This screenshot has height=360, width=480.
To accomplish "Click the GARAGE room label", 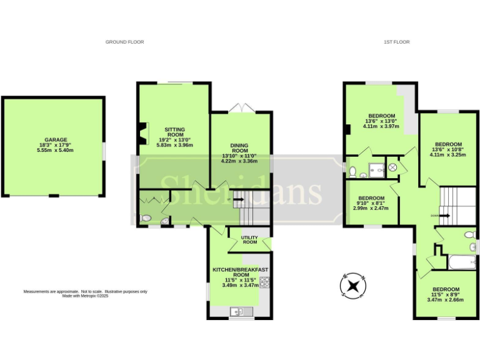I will (56, 140).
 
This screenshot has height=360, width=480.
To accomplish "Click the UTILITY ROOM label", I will (250, 239).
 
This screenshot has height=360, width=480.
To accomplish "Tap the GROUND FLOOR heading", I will (124, 42).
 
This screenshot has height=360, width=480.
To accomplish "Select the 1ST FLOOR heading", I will (396, 42).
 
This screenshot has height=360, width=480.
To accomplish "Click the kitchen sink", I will (239, 311).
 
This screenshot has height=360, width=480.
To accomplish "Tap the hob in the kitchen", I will (264, 282).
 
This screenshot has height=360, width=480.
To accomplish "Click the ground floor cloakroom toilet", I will (146, 218).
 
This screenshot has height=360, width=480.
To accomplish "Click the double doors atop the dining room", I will (240, 109).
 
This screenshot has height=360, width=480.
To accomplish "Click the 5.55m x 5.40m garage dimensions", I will (56, 151).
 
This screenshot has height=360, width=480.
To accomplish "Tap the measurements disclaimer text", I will (85, 294).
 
